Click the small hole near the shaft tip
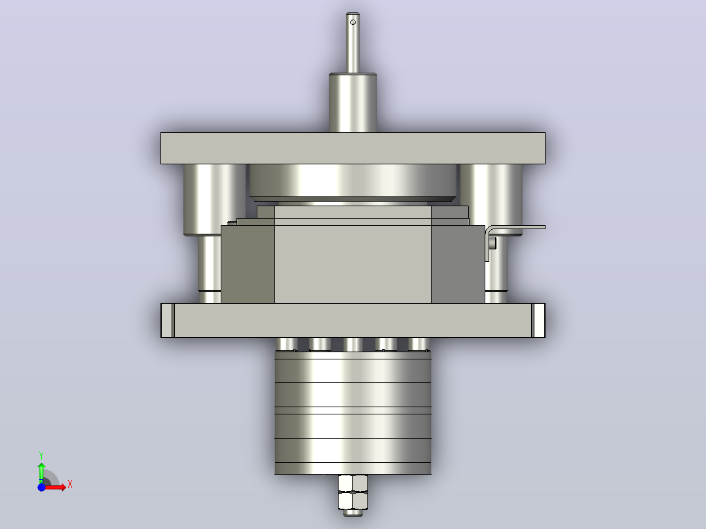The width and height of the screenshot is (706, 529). pos(353,22)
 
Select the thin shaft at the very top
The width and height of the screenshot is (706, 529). pos(353,43)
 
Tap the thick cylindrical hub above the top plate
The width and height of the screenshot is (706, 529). pos(353,103)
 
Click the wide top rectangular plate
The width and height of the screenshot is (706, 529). pos(353,148)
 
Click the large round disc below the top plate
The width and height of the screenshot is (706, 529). pos(353,182)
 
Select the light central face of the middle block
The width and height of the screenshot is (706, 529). pos(353,264)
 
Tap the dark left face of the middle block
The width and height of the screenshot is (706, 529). pos(248,264)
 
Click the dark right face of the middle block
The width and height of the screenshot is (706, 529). pos(458,264)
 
